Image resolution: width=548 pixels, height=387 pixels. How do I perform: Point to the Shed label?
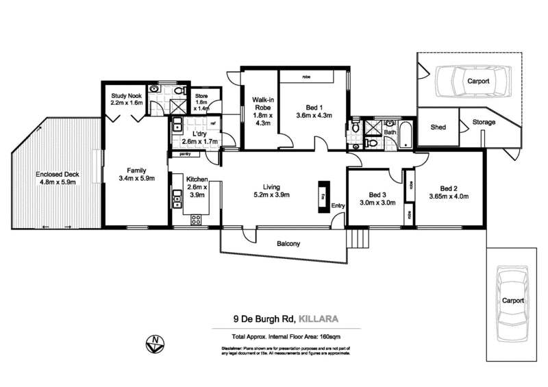click(x=438, y=127)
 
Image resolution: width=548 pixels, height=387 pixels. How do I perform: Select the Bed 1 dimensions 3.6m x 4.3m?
click(x=314, y=116)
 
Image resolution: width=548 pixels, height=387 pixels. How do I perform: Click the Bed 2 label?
click(x=449, y=188)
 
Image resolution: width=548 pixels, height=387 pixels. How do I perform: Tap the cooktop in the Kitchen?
click(x=195, y=219)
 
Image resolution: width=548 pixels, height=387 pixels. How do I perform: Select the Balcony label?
click(x=289, y=244)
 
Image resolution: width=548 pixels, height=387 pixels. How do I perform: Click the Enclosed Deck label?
click(x=58, y=175)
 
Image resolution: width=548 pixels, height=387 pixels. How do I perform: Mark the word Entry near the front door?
click(x=338, y=205)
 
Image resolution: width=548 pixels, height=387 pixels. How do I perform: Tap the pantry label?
click(x=184, y=155)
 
